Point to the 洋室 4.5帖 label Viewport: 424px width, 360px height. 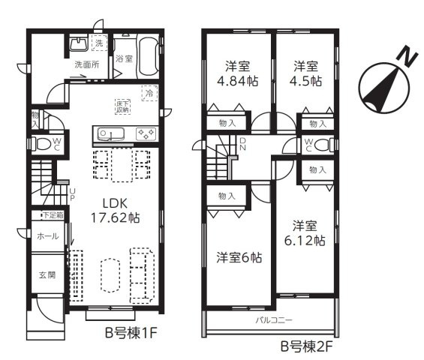point(307,73)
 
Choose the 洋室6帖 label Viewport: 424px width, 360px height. point(238,257)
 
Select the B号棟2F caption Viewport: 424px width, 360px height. point(305,346)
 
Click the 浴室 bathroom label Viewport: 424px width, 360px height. point(125,58)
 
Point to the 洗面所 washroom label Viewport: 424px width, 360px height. point(86,64)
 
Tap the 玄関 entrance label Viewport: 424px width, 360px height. point(47,275)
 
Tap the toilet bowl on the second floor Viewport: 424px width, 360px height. point(320,145)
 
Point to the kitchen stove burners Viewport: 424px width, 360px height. point(145,134)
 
